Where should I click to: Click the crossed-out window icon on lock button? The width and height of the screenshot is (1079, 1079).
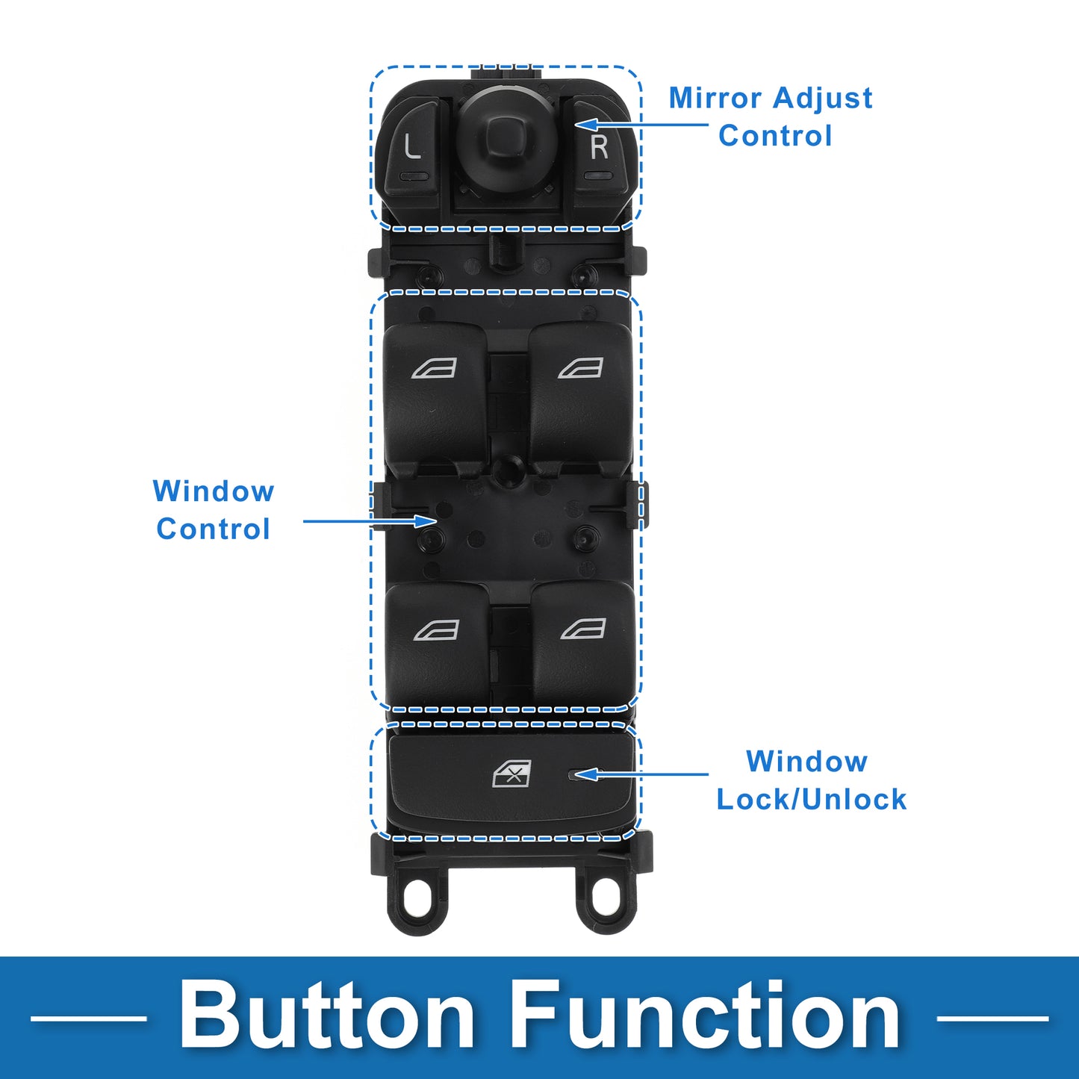click(512, 774)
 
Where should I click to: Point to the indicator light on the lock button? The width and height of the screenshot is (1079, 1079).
click(573, 775)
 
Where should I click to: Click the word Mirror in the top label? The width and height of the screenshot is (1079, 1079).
click(715, 98)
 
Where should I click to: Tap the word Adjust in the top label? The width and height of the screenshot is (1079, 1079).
click(822, 98)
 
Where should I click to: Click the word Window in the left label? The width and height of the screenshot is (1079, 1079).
click(214, 491)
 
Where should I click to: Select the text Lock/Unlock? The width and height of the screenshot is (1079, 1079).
click(811, 800)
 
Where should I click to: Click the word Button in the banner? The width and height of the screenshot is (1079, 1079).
click(327, 1016)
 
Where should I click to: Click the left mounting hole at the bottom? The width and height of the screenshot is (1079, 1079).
click(417, 895)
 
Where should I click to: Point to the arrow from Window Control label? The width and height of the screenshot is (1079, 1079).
click(369, 520)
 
